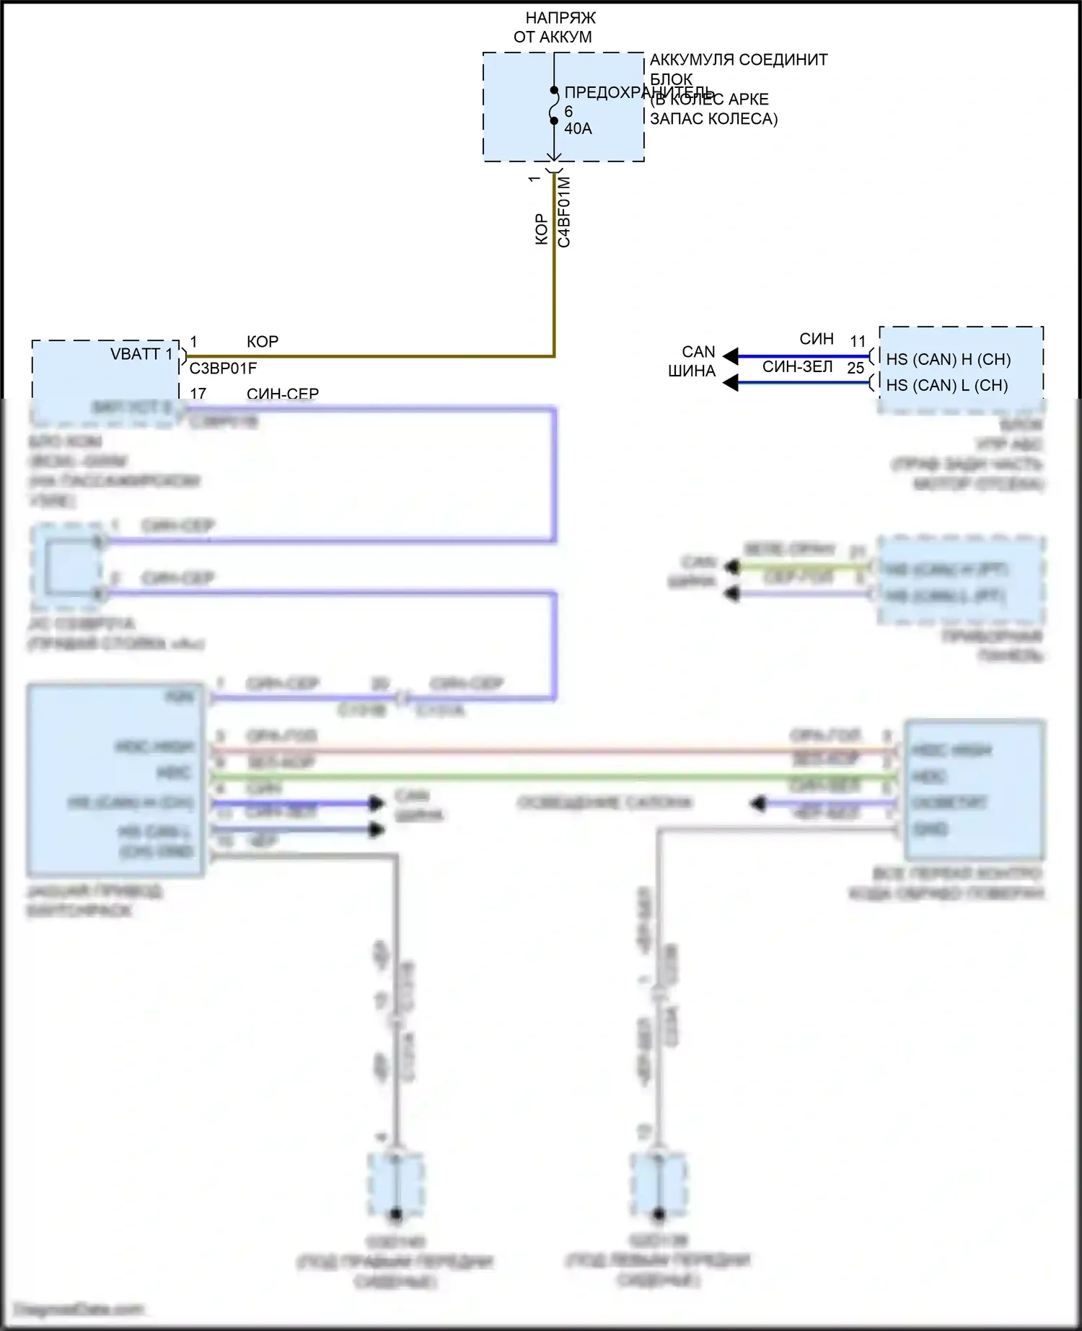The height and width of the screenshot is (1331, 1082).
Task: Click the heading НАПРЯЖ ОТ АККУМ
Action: click(x=553, y=27)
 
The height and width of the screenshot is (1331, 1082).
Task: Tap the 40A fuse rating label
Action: click(x=578, y=129)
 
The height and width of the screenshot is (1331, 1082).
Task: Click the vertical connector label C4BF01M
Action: click(x=564, y=212)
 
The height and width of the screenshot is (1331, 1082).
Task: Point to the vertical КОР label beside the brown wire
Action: click(x=542, y=229)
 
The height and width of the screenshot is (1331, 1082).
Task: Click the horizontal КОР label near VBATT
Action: click(x=263, y=342)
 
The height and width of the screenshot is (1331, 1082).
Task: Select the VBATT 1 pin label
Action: click(x=141, y=354)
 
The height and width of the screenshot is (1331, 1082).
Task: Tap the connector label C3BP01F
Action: click(x=223, y=369)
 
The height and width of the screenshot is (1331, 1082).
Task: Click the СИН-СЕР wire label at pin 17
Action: click(x=282, y=394)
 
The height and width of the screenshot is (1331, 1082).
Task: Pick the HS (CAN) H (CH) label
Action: click(x=948, y=359)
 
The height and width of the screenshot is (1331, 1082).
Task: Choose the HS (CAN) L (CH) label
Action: click(x=946, y=386)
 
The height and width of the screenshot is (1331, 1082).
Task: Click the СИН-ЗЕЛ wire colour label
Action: click(x=797, y=367)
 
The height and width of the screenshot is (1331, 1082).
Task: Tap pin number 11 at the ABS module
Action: click(x=858, y=341)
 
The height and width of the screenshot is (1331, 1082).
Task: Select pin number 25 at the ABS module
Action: click(x=856, y=368)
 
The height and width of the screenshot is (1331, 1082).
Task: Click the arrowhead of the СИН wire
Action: click(x=731, y=356)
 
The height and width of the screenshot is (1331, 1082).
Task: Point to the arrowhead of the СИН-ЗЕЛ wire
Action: click(x=731, y=383)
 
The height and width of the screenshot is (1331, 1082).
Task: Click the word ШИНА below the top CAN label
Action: click(x=691, y=371)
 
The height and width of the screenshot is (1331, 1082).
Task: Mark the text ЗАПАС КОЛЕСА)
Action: click(x=713, y=119)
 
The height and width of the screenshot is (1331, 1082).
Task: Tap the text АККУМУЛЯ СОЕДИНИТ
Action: click(x=739, y=60)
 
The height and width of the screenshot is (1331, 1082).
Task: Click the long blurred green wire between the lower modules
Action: click(x=548, y=777)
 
